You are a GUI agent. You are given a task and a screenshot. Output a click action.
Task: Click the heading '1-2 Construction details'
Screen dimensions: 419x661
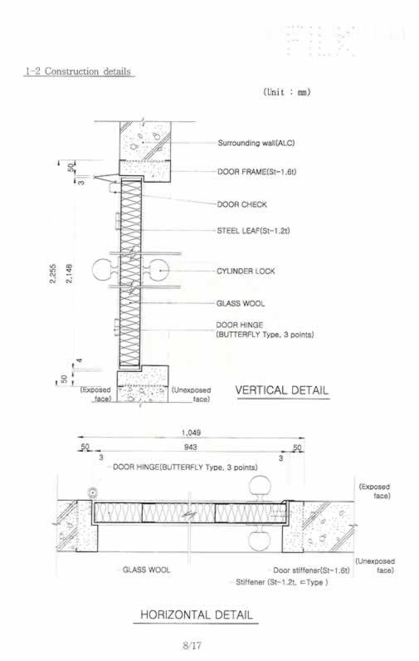click(x=78, y=71)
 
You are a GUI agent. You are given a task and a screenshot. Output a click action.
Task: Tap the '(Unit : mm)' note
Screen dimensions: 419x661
click(x=287, y=91)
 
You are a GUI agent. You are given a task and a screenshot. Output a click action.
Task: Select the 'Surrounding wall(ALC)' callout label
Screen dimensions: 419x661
click(x=256, y=143)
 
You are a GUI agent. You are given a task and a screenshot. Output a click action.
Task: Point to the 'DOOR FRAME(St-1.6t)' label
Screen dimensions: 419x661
click(x=257, y=172)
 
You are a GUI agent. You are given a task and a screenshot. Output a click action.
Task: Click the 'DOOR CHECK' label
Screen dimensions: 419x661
click(x=242, y=204)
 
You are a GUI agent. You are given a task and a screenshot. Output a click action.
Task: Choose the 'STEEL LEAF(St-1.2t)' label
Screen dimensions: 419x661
click(x=254, y=231)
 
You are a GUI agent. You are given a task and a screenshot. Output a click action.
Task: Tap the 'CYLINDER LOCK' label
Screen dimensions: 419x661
click(x=246, y=271)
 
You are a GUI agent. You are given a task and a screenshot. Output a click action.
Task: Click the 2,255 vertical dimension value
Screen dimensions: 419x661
click(x=52, y=273)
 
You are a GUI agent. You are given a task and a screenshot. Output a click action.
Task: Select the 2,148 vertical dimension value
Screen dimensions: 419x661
click(x=69, y=273)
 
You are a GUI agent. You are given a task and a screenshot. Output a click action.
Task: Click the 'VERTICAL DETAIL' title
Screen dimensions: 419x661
click(x=282, y=390)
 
